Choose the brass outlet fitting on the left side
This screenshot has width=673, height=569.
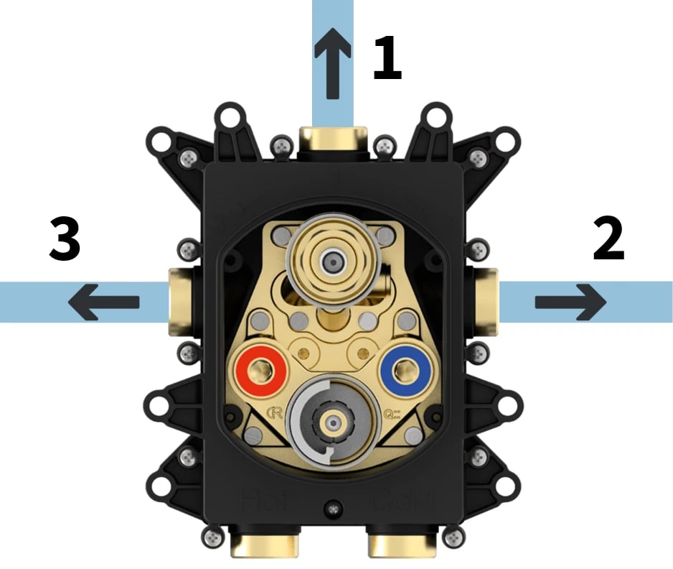[x=179, y=302]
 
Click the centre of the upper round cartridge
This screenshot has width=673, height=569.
[x=332, y=260]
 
